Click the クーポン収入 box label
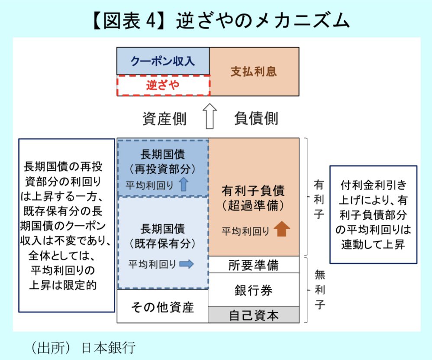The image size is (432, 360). pyautogui.click(x=163, y=61)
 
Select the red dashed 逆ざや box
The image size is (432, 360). pyautogui.click(x=163, y=85)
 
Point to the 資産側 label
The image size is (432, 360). pyautogui.click(x=164, y=118)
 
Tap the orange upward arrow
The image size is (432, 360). pyautogui.click(x=282, y=229)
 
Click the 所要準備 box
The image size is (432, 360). pyautogui.click(x=253, y=265)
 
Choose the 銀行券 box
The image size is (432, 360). pyautogui.click(x=253, y=289)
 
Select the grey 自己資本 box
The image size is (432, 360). pyautogui.click(x=253, y=315)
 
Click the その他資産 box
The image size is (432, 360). pyautogui.click(x=162, y=307)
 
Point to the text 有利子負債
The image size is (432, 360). pyautogui.click(x=253, y=191)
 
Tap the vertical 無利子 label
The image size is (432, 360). pyautogui.click(x=319, y=289)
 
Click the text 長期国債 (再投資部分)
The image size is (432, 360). pyautogui.click(x=163, y=161)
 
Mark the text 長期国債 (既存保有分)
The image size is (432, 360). pyautogui.click(x=163, y=236)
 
